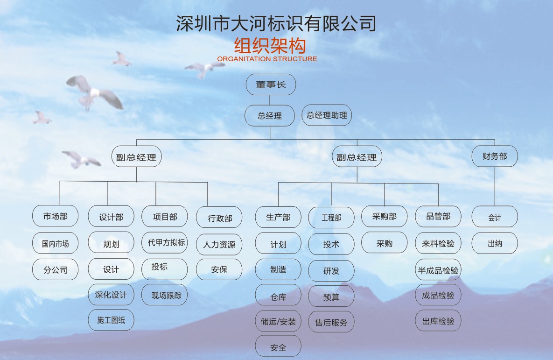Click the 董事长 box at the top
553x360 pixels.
pos(271,85)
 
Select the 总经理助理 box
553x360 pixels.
pos(327,115)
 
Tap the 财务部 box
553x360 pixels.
pos(495,156)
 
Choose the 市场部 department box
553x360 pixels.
pos(55,216)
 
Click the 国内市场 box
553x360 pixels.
pos(55,243)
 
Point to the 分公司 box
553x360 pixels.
pos(55,269)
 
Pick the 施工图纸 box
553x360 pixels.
pos(111,320)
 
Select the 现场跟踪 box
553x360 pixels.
pos(164,295)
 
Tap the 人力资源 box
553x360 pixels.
pos(219,244)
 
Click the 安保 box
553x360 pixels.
pos(219,269)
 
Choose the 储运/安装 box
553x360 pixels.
pos(278,321)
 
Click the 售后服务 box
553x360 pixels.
pos(331,322)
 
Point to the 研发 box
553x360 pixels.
pos(331,271)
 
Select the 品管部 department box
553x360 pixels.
pos(438,216)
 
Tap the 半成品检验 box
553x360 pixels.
pos(438,269)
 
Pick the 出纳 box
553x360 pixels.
pos(495,243)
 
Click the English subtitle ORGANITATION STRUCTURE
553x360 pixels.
pos(267,59)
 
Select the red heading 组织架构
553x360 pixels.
pos(270,46)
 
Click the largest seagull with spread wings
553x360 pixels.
pos(94,92)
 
